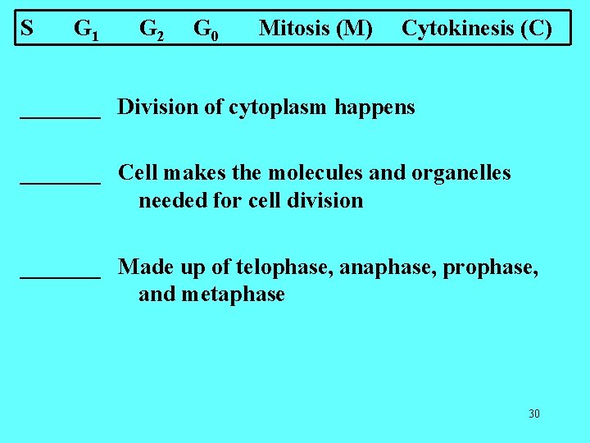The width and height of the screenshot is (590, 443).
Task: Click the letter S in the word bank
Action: click(27, 29)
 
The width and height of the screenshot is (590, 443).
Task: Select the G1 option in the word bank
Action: click(87, 30)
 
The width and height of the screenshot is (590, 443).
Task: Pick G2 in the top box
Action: click(152, 30)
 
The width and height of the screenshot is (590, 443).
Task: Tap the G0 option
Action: click(206, 30)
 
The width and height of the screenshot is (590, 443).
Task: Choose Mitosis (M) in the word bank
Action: click(315, 29)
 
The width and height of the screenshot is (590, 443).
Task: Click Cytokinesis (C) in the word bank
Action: click(477, 29)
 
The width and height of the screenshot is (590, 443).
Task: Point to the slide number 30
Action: click(534, 413)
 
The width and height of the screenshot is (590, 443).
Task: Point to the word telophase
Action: click(283, 267)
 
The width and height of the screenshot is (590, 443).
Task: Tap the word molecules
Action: click(320, 173)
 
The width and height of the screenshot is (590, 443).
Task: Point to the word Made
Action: click(142, 267)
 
